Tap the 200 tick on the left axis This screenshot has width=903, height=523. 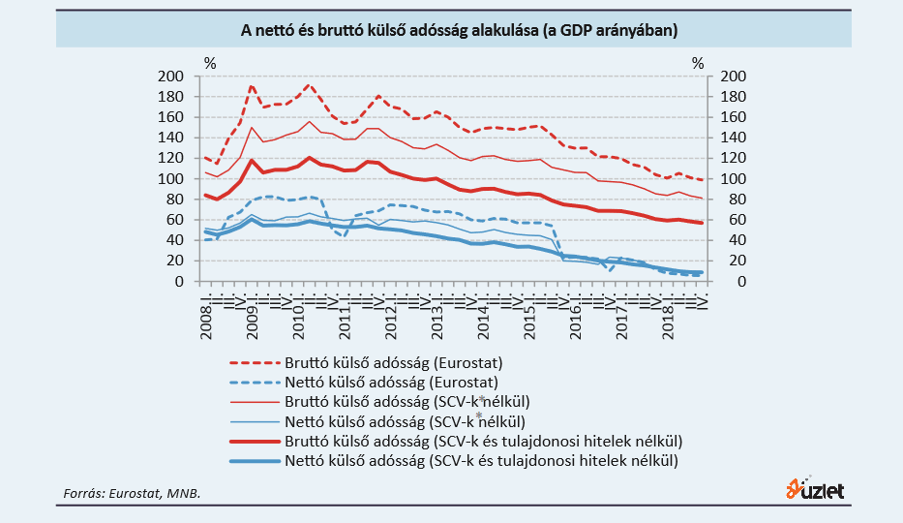click(170, 77)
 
